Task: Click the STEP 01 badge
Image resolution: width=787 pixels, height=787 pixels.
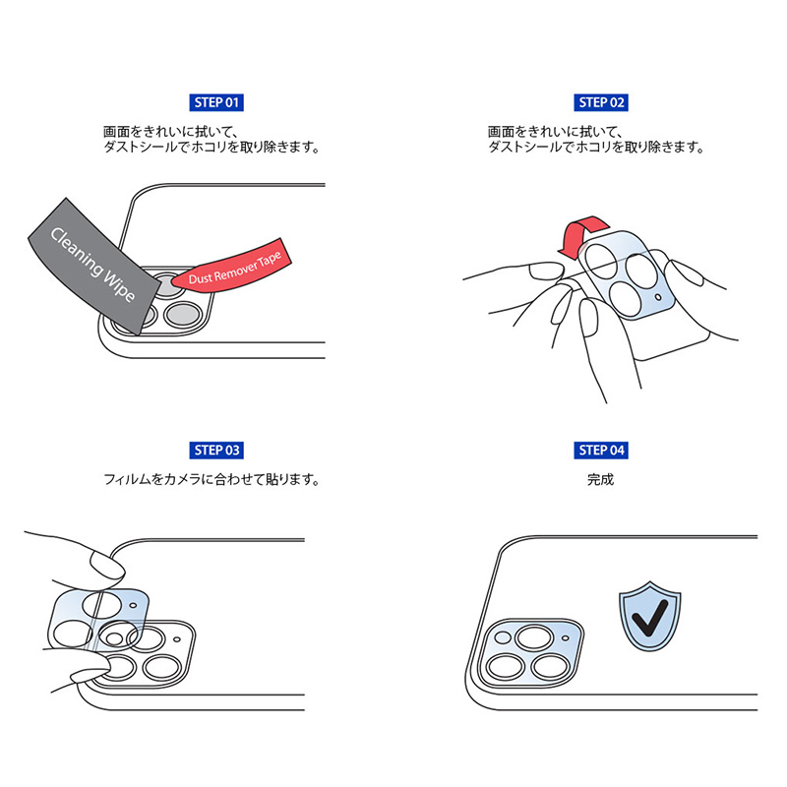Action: coord(214,102)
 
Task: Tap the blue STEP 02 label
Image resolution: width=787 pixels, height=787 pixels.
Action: coord(601,102)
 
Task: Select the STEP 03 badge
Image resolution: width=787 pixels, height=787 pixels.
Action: coord(214,451)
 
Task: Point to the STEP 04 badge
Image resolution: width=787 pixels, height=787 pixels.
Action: coord(601,451)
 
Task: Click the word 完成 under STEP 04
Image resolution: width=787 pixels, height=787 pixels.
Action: coord(601,481)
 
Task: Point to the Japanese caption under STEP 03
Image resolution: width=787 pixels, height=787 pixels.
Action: coord(214,481)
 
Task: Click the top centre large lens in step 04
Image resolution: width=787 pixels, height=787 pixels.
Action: coord(534,638)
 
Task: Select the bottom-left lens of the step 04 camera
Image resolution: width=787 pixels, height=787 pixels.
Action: coord(507,667)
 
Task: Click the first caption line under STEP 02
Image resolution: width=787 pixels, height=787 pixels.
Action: coord(556,131)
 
